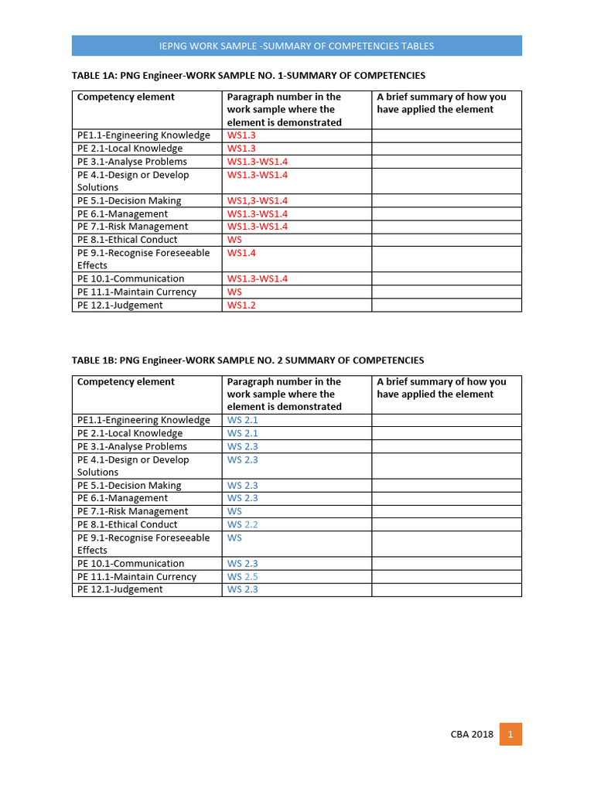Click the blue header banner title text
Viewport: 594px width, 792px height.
tap(297, 46)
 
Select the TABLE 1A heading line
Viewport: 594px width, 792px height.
tap(248, 76)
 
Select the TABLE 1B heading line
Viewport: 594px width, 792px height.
tap(247, 360)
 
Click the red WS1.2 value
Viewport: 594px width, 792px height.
tap(241, 306)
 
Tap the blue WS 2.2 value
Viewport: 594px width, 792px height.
tap(243, 524)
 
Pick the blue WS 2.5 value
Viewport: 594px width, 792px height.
tap(243, 577)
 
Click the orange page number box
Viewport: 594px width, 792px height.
tap(510, 734)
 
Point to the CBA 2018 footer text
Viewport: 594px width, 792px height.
tap(472, 735)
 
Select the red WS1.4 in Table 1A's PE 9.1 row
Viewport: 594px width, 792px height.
tap(241, 253)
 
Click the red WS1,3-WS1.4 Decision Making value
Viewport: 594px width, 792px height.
tap(258, 201)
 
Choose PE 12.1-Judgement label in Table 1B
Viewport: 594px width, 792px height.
tap(120, 589)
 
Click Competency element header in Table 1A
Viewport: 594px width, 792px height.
tap(126, 97)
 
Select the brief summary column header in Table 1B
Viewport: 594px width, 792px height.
tap(442, 387)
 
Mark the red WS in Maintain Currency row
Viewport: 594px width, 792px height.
tap(234, 292)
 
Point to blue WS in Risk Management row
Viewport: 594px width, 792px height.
tap(234, 511)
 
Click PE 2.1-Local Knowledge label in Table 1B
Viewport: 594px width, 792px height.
tap(130, 433)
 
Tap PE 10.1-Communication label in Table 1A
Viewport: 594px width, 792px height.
tap(131, 279)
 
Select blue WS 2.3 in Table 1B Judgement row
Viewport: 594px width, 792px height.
tap(243, 589)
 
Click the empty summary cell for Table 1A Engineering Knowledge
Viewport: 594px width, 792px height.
tap(446, 135)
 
